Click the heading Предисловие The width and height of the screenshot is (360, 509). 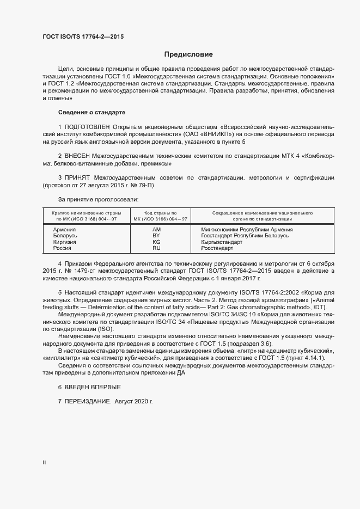[x=188, y=54]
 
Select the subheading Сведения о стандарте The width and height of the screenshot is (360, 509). [x=91, y=112]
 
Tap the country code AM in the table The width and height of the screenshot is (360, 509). [x=156, y=230]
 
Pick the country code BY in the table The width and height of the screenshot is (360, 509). [x=156, y=236]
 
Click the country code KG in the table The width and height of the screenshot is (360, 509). [x=156, y=242]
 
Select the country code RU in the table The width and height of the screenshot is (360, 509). [x=156, y=248]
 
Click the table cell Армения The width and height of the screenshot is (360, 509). [x=64, y=230]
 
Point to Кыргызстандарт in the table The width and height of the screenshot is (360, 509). [x=222, y=242]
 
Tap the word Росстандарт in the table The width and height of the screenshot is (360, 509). [x=217, y=248]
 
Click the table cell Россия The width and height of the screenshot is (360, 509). [x=62, y=248]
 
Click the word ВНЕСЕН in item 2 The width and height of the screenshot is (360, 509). [x=80, y=156]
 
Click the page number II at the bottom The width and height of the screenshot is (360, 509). [x=44, y=462]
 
